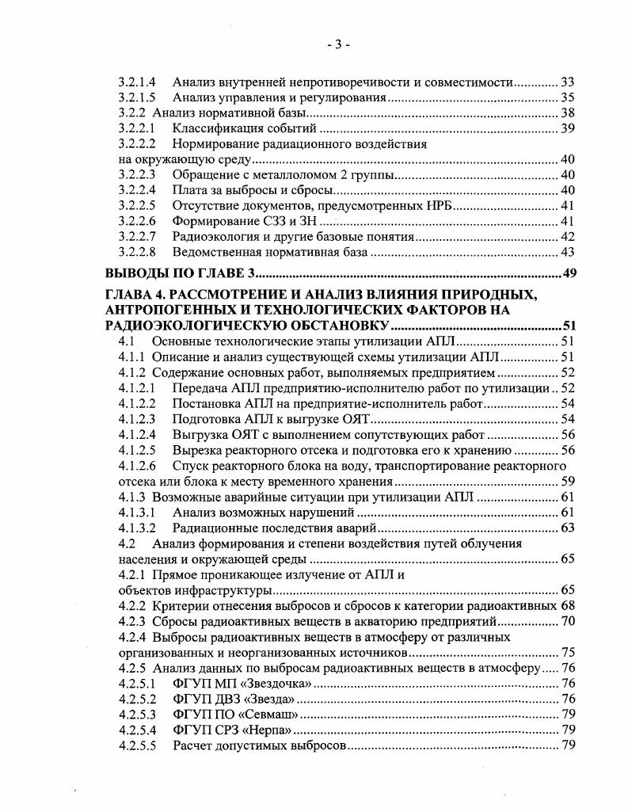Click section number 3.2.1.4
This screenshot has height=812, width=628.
tap(137, 82)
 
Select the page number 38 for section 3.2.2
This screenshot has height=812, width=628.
tap(567, 112)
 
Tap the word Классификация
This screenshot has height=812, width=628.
tap(211, 128)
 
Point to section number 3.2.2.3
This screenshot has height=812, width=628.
tap(137, 175)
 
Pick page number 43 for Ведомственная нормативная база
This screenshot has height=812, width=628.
tap(567, 253)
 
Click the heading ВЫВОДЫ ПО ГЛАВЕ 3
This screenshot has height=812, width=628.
tap(181, 274)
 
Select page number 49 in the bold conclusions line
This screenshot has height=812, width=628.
tap(567, 274)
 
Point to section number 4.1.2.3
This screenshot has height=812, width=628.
tap(137, 419)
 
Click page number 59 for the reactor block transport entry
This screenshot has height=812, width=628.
tap(567, 481)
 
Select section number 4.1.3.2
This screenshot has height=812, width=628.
tap(137, 528)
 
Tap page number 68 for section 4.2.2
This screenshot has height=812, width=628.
tap(567, 605)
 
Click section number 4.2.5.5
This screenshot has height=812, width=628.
tap(137, 745)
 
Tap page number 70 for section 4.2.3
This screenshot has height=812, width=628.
tap(567, 620)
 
